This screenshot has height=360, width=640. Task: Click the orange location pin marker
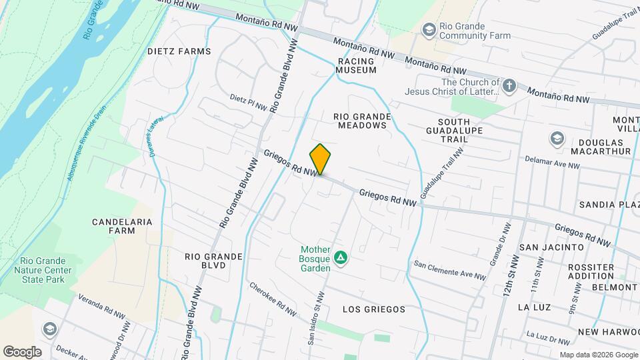coord(320,159)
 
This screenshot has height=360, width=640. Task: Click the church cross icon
coord(509,86)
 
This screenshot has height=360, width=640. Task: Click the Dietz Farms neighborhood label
coord(179,51)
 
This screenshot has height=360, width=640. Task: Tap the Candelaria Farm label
coord(122,226)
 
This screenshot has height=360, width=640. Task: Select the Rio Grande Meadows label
coord(362,121)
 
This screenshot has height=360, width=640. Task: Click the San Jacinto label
coord(551,247)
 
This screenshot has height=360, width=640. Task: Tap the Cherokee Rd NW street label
coord(273,299)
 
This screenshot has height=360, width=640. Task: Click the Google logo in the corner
coord(22,351)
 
